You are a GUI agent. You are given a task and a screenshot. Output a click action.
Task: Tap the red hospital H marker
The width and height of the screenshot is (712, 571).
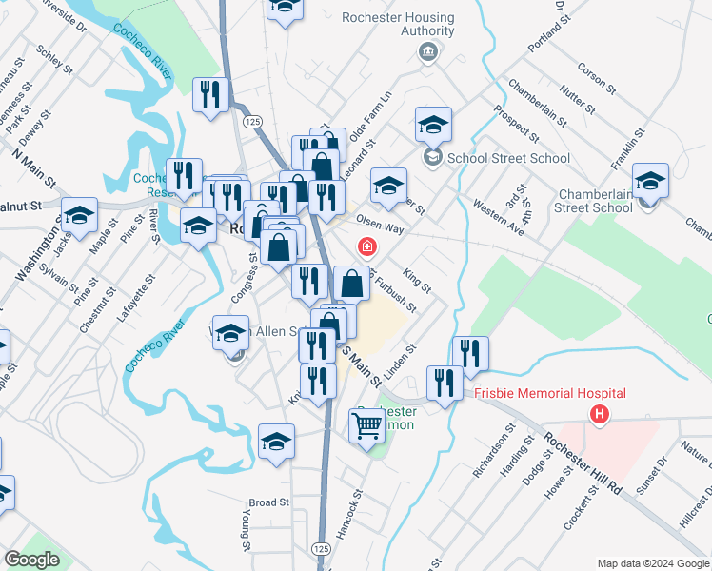[x=599, y=415]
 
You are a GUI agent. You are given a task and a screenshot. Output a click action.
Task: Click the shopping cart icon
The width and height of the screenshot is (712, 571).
[x=366, y=424]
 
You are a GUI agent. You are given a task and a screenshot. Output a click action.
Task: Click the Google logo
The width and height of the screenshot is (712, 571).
[x=31, y=559]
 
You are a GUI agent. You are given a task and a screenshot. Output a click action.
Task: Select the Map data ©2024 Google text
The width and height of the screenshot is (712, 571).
[x=653, y=563]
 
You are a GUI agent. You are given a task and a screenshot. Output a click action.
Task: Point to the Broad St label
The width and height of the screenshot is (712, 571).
[x=268, y=502]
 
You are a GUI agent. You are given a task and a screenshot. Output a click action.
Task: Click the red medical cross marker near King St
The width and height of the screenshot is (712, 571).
[x=365, y=247]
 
